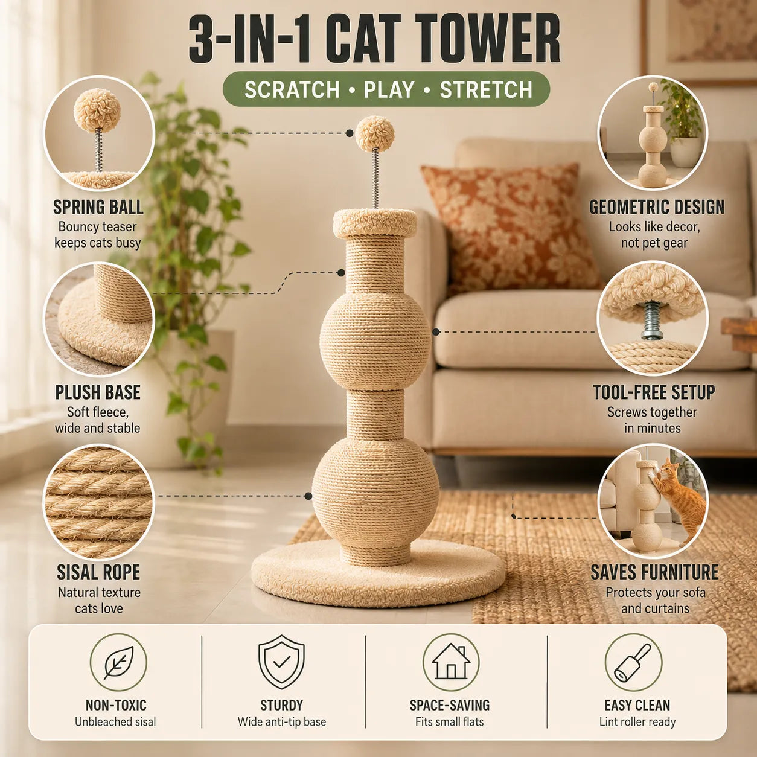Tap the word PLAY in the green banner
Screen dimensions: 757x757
click(389, 89)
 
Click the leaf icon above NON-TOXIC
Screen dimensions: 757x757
click(118, 662)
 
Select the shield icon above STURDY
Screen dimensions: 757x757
click(281, 662)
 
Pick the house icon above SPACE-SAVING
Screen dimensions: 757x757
click(451, 662)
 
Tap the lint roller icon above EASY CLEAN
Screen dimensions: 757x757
click(633, 662)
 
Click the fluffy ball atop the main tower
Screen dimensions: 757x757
click(375, 133)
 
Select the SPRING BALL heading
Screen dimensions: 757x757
click(98, 207)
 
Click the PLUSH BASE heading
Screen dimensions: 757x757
click(98, 392)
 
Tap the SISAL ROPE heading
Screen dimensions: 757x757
click(98, 572)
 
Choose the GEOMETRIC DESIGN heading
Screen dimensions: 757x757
click(657, 207)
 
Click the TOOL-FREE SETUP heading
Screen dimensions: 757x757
click(654, 392)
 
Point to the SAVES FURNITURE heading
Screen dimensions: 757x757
click(654, 572)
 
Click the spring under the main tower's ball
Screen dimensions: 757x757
click(375, 178)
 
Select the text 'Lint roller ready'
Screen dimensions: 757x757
click(637, 721)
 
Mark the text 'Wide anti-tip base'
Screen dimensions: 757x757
click(282, 721)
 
